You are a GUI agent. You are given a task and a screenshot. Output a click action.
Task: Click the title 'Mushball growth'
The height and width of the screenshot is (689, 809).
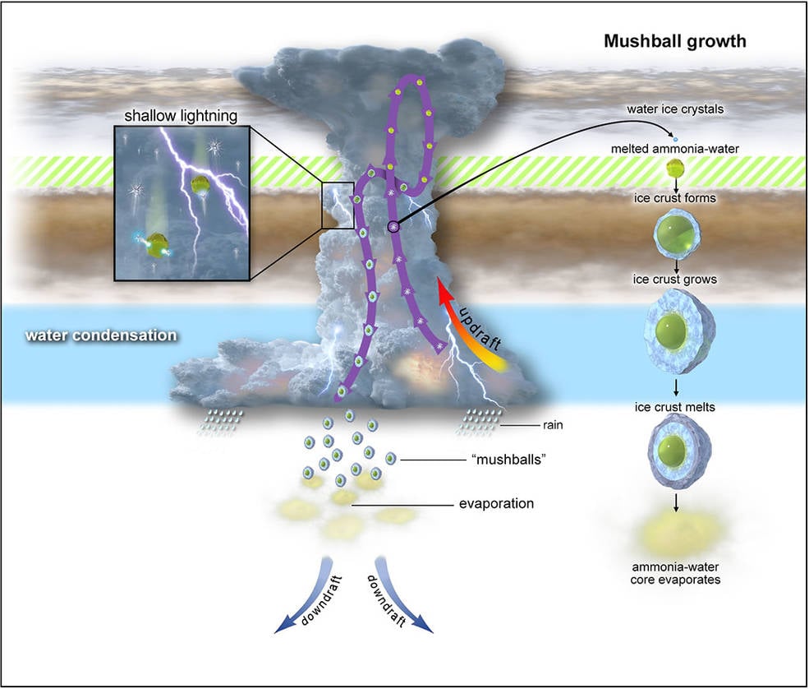674,41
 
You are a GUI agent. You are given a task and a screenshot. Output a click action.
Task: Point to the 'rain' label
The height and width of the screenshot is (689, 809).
553,425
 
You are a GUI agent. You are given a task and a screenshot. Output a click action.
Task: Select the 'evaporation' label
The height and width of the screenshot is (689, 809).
495,503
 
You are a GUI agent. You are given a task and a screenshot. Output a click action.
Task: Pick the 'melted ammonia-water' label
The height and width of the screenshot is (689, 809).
675,148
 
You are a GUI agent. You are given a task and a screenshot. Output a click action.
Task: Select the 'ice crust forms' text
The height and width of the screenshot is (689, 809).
675,198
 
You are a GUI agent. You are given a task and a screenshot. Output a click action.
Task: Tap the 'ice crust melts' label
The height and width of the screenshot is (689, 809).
675,406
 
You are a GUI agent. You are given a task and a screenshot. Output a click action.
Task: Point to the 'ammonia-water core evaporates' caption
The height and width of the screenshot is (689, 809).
675,572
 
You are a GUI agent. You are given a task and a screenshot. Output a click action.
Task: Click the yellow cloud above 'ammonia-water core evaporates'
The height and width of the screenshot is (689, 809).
675,534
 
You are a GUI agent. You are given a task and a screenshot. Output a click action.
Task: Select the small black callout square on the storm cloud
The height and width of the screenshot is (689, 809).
338,206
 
